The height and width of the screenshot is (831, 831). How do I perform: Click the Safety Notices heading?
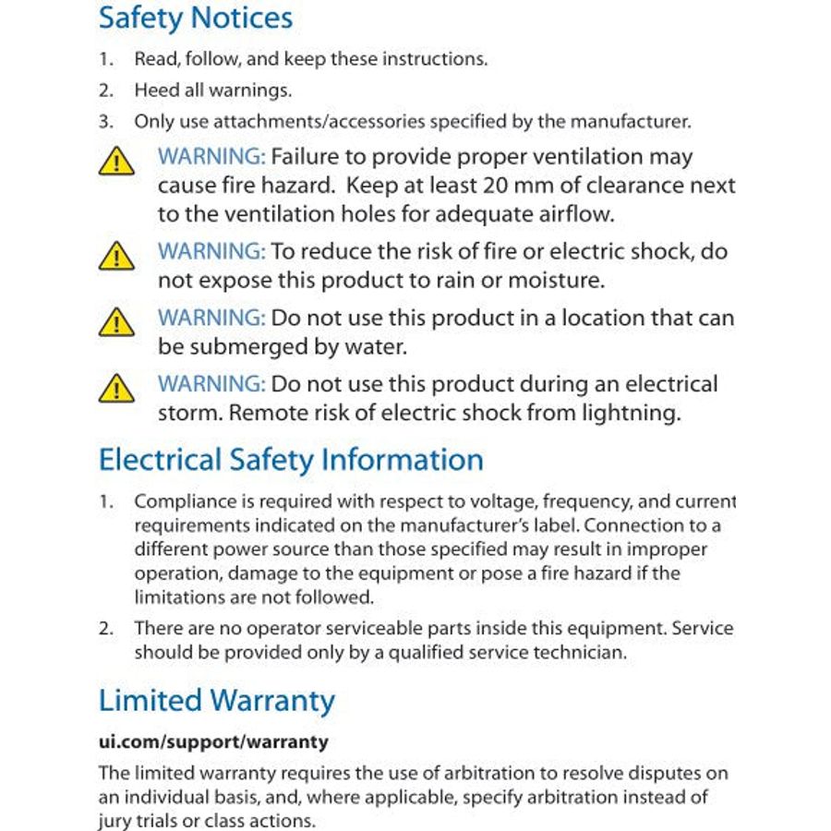click(x=195, y=18)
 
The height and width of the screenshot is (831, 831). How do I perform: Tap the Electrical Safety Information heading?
click(x=291, y=460)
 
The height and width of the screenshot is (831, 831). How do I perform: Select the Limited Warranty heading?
click(x=216, y=701)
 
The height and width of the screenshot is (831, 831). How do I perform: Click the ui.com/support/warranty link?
click(x=213, y=741)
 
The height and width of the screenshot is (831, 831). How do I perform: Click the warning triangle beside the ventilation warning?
click(x=116, y=163)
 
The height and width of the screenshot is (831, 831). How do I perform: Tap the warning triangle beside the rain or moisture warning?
click(x=116, y=256)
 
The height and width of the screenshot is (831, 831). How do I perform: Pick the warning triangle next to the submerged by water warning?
click(x=116, y=322)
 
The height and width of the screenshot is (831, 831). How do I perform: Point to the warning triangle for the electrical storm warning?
click(x=116, y=389)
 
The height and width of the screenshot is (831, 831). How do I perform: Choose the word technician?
click(x=580, y=652)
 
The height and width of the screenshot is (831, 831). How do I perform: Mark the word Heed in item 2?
click(x=155, y=90)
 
